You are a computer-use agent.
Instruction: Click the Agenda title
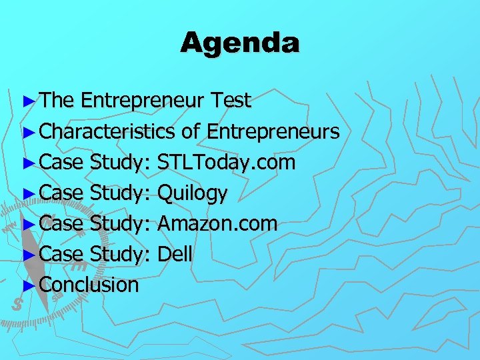tap(240, 43)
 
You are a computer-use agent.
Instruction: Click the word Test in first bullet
tap(230, 101)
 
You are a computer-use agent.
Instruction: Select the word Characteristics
tap(108, 131)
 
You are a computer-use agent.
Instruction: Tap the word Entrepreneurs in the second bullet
tap(273, 131)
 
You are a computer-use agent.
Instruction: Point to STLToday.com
tap(226, 162)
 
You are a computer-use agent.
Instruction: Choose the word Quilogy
tap(193, 193)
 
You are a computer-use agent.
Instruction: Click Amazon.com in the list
tap(217, 223)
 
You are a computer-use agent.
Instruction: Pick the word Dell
tap(175, 253)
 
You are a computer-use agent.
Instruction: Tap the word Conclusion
tap(89, 285)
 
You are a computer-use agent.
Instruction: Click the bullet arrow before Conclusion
tap(27, 285)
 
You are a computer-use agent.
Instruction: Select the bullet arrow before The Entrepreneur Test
tap(27, 101)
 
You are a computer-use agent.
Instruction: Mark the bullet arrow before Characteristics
tap(27, 132)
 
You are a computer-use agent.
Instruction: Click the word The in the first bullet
tap(57, 101)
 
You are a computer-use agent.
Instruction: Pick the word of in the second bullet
tap(191, 131)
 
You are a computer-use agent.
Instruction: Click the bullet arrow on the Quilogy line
tap(27, 193)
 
